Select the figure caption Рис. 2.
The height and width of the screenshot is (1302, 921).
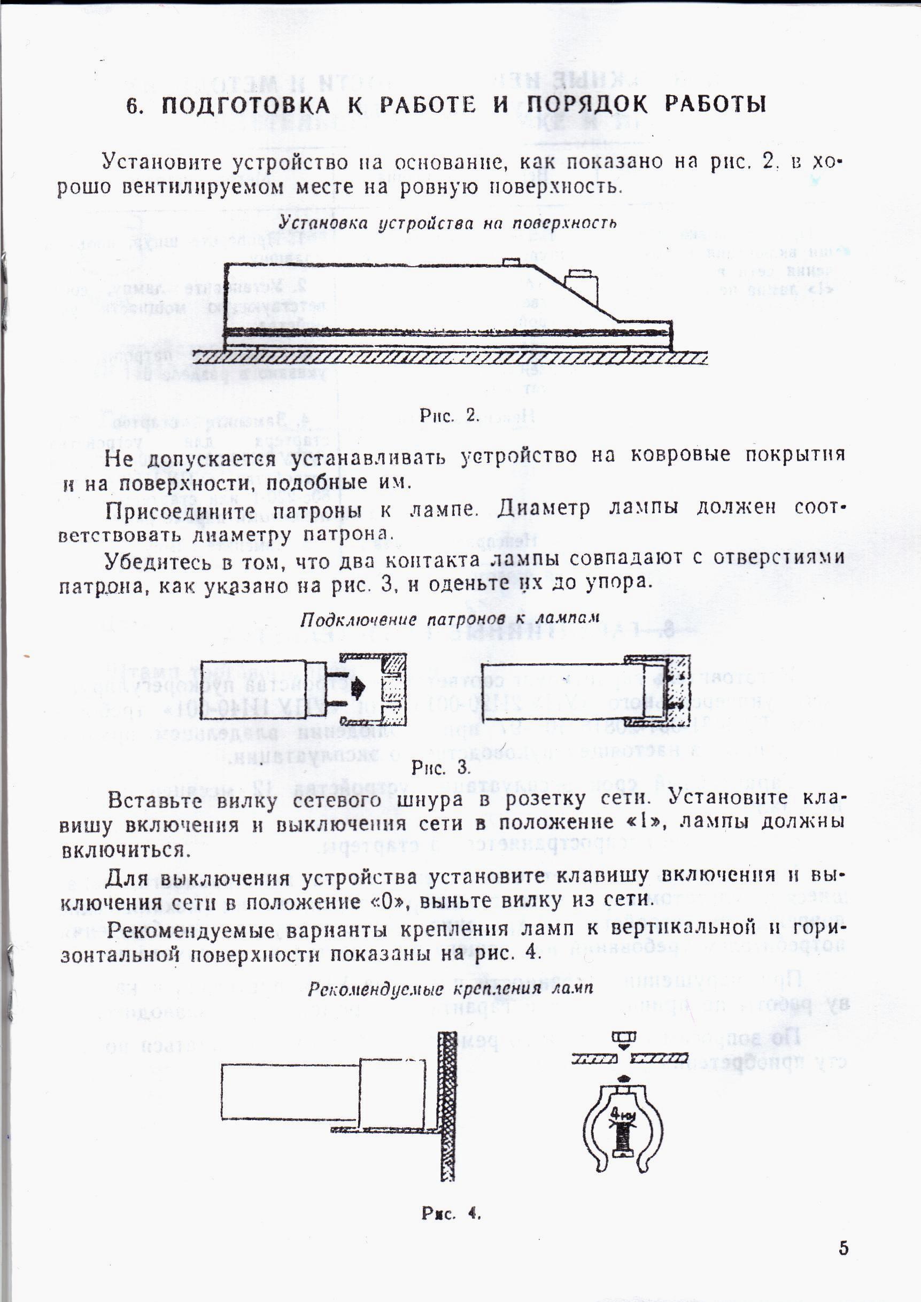pos(450,416)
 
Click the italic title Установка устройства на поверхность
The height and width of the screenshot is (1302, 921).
pos(447,223)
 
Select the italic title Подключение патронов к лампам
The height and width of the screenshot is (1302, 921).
pos(450,619)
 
